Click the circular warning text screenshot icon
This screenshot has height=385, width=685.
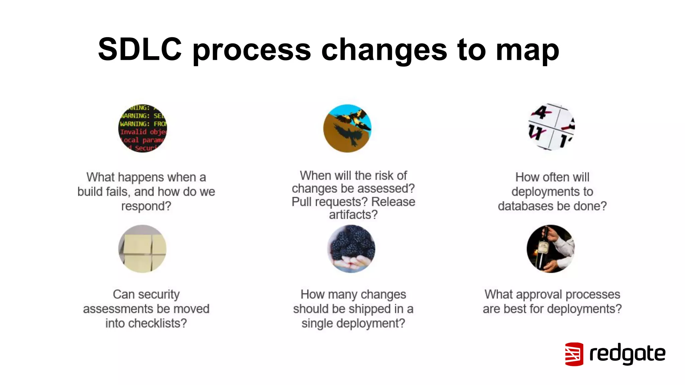[142, 128]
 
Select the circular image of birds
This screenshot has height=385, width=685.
[347, 128]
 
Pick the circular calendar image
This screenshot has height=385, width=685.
[551, 127]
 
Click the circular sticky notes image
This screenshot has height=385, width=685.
[142, 249]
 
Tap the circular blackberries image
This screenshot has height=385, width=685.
[351, 249]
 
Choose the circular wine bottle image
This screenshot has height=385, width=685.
[551, 249]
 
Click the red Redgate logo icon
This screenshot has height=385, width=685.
[574, 354]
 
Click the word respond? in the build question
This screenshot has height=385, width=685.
[146, 206]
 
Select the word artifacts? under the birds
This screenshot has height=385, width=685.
[353, 215]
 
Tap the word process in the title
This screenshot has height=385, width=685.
[252, 50]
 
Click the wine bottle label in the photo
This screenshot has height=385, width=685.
[544, 248]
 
